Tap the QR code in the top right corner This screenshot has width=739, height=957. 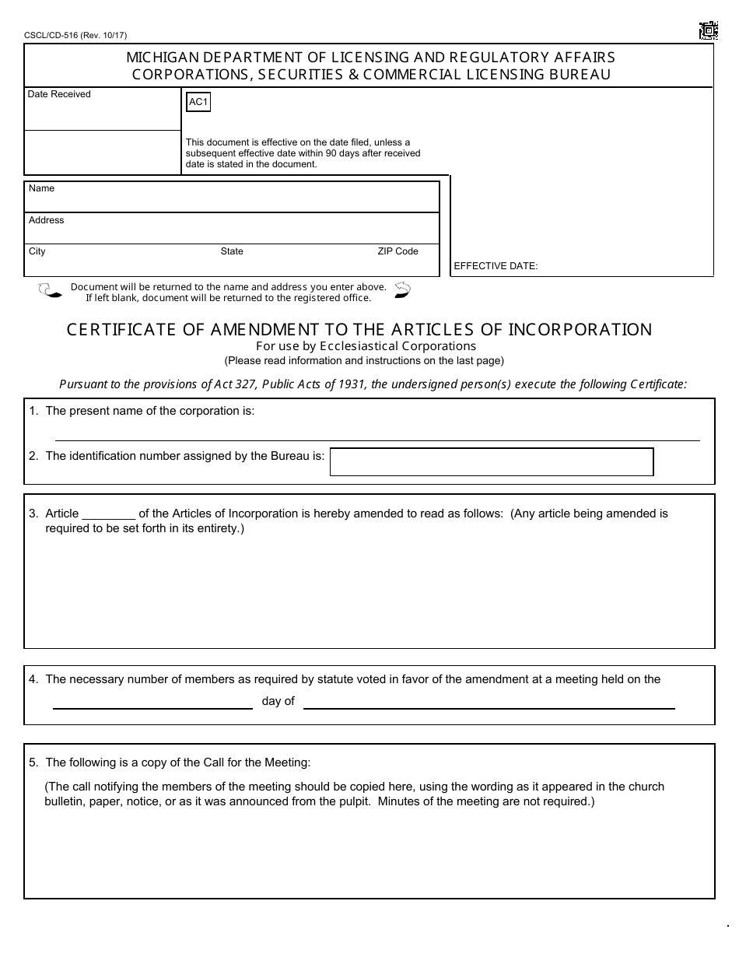click(x=707, y=31)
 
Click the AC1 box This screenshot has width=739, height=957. click(x=199, y=102)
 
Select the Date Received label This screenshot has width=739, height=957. click(x=59, y=94)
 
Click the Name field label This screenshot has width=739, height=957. click(x=41, y=188)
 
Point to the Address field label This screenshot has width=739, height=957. click(x=46, y=220)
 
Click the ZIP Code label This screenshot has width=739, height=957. click(x=398, y=251)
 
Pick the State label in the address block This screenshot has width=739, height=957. click(x=232, y=251)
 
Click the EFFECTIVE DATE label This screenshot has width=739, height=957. click(x=496, y=266)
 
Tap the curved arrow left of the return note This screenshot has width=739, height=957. click(x=49, y=291)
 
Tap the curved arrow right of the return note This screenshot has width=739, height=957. click(x=402, y=290)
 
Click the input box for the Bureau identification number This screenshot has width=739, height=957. click(x=491, y=461)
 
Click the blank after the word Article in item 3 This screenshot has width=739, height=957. click(x=109, y=514)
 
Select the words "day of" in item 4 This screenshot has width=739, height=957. click(x=278, y=701)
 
